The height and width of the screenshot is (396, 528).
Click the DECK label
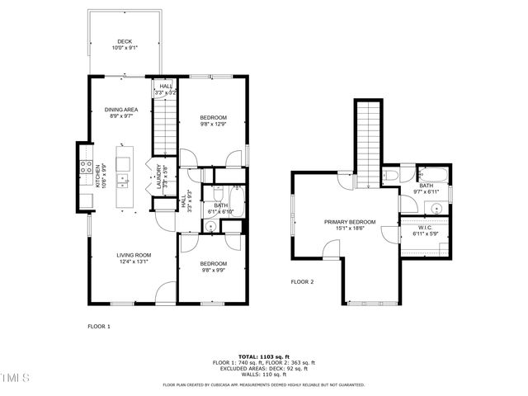coord(125,41)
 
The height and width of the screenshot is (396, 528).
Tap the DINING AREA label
coord(120,110)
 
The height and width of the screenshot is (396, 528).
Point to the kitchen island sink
coord(123,178)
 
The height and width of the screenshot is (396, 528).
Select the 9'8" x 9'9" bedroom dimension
coord(213,269)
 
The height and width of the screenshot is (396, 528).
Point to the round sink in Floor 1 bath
coord(210,225)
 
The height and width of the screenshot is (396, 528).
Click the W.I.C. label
coord(426,228)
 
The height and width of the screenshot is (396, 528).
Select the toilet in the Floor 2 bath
coord(391,175)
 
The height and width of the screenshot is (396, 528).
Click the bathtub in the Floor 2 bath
coord(431,174)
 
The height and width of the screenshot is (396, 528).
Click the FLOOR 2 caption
coord(302,282)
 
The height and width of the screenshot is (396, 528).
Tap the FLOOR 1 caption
coord(99,326)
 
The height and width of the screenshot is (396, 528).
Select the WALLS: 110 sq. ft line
coord(263,374)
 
